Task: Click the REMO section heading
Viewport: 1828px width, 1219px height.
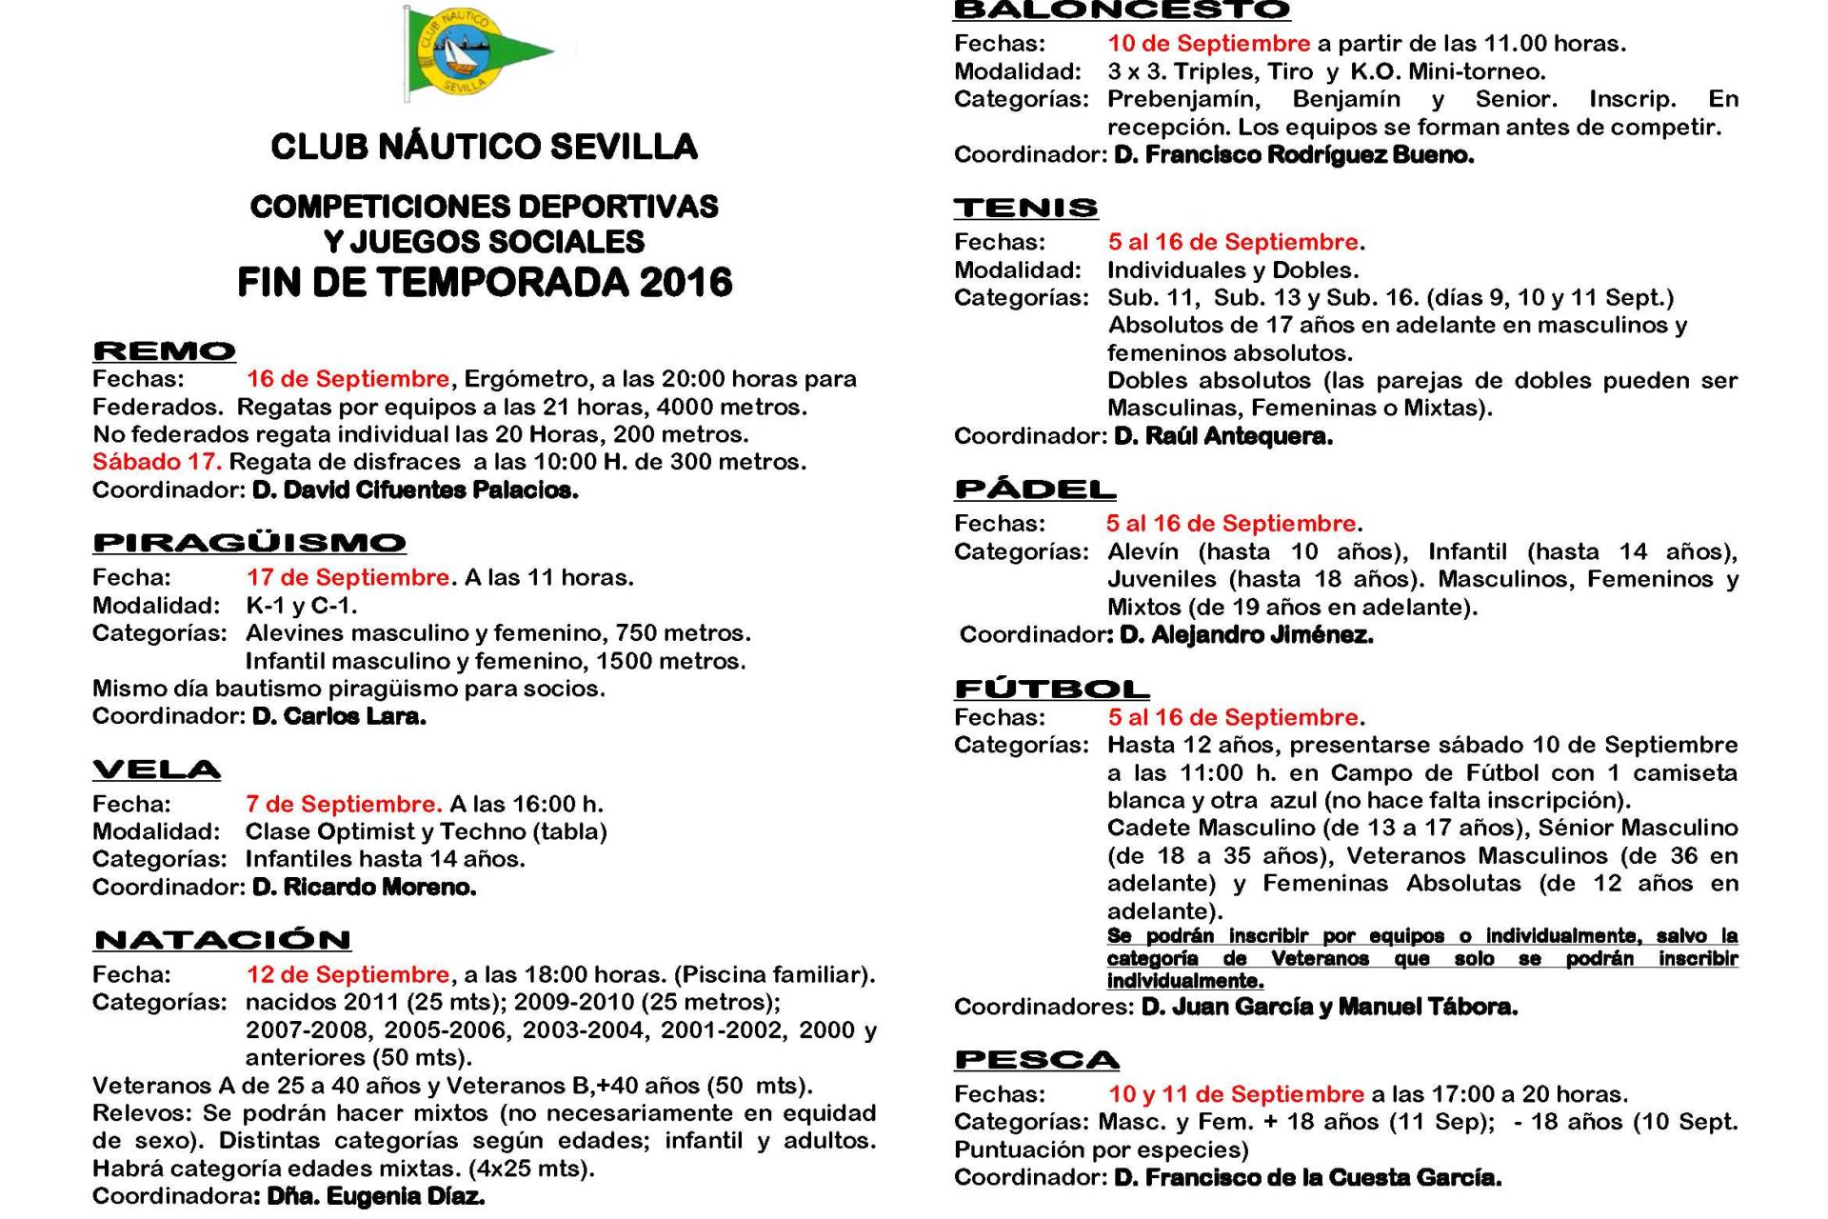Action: pyautogui.click(x=164, y=351)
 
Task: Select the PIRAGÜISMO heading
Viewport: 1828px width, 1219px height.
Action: pyautogui.click(x=249, y=543)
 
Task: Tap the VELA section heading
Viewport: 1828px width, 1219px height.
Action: pyautogui.click(x=156, y=769)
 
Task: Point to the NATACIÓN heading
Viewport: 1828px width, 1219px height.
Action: pyautogui.click(x=222, y=940)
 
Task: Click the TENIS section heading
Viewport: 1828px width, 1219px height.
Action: pyautogui.click(x=1025, y=208)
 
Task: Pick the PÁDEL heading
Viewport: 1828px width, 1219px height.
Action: pyautogui.click(x=1035, y=490)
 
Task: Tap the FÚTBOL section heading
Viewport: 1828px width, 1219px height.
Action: pyautogui.click(x=1051, y=689)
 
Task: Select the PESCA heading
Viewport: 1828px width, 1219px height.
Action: pyautogui.click(x=1037, y=1060)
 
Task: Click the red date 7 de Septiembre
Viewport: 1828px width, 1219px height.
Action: pyautogui.click(x=344, y=804)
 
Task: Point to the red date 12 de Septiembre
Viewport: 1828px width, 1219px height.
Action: pyautogui.click(x=348, y=974)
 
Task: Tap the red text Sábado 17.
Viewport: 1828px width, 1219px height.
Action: pyautogui.click(x=157, y=462)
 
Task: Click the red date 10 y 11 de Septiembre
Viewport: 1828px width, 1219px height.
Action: pyautogui.click(x=1236, y=1093)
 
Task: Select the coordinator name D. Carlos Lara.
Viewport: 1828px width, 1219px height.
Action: pyautogui.click(x=339, y=716)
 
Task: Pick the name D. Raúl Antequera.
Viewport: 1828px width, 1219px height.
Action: pyautogui.click(x=1222, y=436)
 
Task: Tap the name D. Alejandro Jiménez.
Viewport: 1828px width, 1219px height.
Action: pyautogui.click(x=1246, y=634)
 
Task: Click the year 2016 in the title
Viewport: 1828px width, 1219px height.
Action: pyautogui.click(x=685, y=283)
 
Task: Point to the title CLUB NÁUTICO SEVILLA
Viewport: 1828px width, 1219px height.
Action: pyautogui.click(x=484, y=147)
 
